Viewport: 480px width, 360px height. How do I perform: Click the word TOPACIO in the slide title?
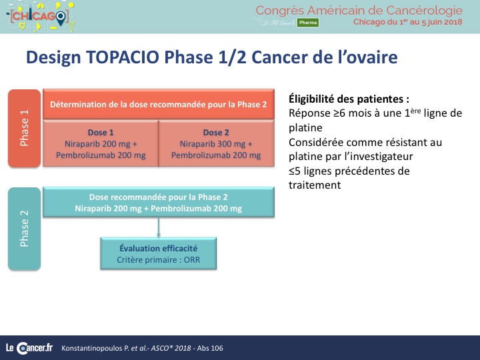click(x=123, y=57)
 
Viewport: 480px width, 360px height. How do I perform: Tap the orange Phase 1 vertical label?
click(x=24, y=128)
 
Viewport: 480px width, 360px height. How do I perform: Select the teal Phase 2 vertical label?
click(x=24, y=229)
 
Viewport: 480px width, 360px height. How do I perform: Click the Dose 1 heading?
click(x=101, y=133)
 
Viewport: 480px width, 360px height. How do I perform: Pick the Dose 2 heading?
click(x=216, y=133)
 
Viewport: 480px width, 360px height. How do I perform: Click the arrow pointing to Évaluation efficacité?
click(x=159, y=227)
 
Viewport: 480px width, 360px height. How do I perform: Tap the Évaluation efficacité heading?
click(x=158, y=248)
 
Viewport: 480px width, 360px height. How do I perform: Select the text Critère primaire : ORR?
click(x=158, y=260)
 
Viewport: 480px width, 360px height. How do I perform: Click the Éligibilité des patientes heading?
click(x=349, y=99)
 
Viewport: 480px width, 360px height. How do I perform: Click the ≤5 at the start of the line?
click(x=295, y=171)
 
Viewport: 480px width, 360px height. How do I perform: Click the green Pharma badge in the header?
click(x=308, y=23)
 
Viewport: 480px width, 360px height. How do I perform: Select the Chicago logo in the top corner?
click(x=41, y=17)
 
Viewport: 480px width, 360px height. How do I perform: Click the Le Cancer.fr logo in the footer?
click(x=29, y=348)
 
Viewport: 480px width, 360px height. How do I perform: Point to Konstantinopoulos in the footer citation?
click(x=91, y=349)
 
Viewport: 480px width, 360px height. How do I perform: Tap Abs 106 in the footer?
click(x=210, y=348)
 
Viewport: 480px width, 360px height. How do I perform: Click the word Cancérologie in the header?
click(x=424, y=11)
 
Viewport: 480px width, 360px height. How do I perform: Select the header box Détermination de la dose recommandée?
click(x=159, y=105)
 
